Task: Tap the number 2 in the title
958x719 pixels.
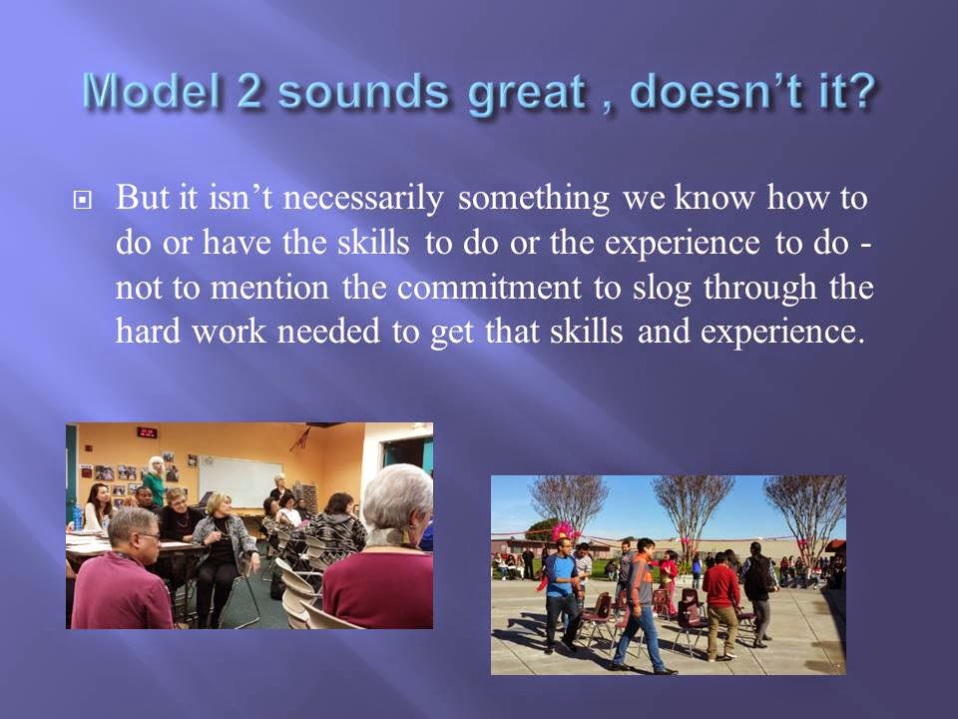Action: pyautogui.click(x=249, y=91)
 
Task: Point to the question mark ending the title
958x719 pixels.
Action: pyautogui.click(x=861, y=91)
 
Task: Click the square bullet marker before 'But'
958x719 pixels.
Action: pyautogui.click(x=82, y=200)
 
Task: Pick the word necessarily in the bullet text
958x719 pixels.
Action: pyautogui.click(x=363, y=198)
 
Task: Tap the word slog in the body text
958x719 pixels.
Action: pyautogui.click(x=662, y=289)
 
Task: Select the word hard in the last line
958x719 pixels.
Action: pyautogui.click(x=148, y=332)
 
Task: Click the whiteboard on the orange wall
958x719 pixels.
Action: pyautogui.click(x=240, y=481)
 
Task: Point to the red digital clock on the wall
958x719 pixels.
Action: pyautogui.click(x=147, y=432)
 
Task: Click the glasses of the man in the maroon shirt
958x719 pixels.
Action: pyautogui.click(x=149, y=537)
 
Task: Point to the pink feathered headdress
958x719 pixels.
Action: pyautogui.click(x=565, y=529)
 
